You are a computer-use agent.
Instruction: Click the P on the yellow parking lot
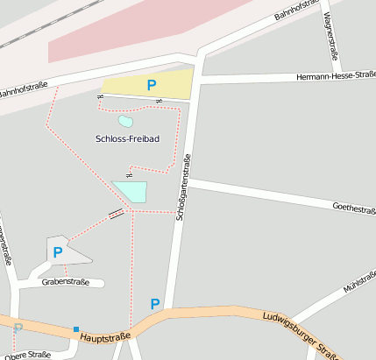(152, 85)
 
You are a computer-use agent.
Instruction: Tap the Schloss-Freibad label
(127, 139)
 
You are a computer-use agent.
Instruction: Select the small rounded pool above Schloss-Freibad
(125, 122)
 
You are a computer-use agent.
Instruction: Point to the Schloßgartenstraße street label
(182, 187)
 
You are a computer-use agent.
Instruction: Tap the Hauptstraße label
(104, 335)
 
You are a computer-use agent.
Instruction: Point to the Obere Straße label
(25, 355)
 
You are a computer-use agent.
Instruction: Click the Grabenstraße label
(67, 282)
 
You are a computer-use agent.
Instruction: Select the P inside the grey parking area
(58, 252)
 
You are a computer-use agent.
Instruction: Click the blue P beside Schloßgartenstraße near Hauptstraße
(155, 304)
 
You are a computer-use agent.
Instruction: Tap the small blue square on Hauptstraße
(76, 329)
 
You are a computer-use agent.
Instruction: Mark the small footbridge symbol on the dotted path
(116, 214)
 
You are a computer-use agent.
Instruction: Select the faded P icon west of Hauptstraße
(18, 327)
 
